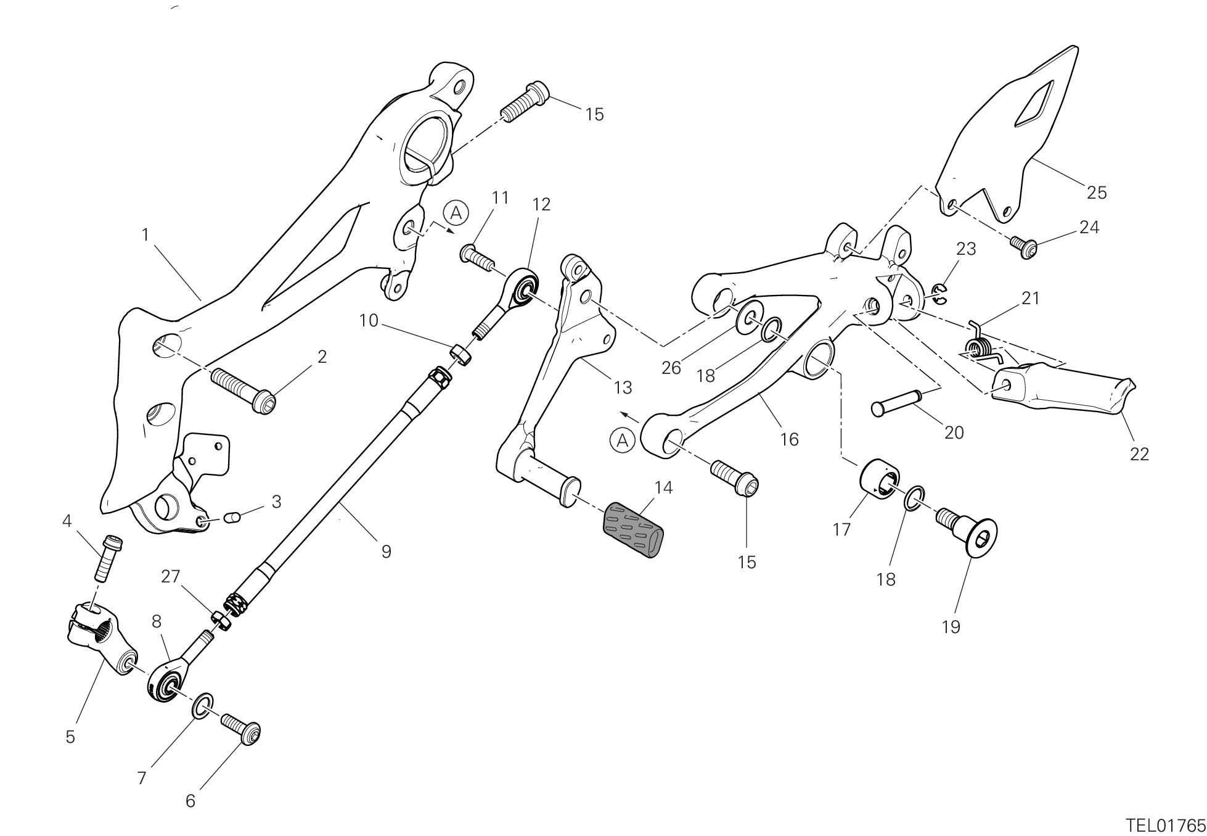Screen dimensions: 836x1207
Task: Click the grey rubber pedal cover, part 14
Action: point(634,531)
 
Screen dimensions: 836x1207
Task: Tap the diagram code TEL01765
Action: point(1164,825)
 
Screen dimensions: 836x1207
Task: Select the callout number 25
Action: point(1096,192)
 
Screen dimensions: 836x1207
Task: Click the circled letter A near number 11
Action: point(456,213)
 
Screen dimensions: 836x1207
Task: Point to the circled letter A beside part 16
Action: point(622,441)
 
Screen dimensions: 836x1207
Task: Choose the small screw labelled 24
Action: point(1023,246)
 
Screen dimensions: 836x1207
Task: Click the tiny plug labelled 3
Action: point(232,515)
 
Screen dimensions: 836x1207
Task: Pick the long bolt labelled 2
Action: point(243,389)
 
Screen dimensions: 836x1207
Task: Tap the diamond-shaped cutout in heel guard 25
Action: point(1036,102)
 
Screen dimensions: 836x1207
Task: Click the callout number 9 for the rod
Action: point(386,551)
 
